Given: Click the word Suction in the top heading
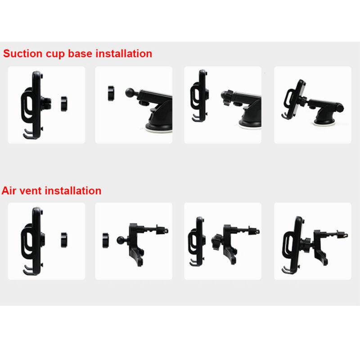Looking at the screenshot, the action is coord(23,54).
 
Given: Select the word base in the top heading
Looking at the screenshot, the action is coord(80,54).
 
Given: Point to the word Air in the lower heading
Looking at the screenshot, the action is coord(9,190).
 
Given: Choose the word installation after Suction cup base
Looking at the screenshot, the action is coord(124,54).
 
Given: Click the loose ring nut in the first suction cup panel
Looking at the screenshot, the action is coord(64,104).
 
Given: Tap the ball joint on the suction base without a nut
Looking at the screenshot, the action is coord(130,93).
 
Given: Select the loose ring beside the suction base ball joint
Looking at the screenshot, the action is coord(111,93).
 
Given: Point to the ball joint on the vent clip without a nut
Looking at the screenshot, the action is coord(121,240).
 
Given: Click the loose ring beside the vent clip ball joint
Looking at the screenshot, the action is coord(106,240).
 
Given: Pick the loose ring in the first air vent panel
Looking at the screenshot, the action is coord(64,240).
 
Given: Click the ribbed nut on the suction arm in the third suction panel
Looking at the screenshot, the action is coord(228,98).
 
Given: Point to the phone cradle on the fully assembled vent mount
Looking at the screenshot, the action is coord(293,245).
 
